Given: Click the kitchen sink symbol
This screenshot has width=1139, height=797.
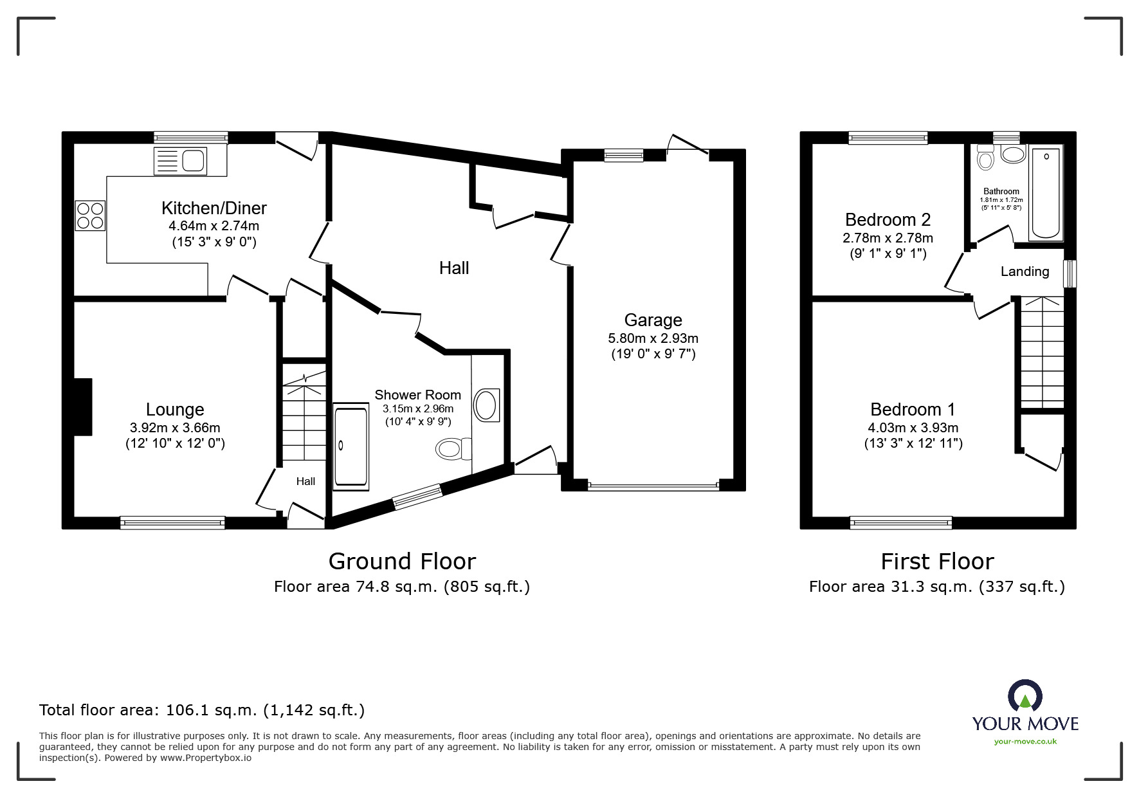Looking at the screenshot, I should pyautogui.click(x=181, y=160).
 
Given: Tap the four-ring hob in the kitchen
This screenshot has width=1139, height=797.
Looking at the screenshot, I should pyautogui.click(x=90, y=215).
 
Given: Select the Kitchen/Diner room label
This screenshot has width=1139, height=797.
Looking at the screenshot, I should pyautogui.click(x=214, y=208).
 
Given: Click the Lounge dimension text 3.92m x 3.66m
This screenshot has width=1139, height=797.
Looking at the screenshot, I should pyautogui.click(x=175, y=428).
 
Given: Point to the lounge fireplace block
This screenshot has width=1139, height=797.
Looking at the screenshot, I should pyautogui.click(x=83, y=407).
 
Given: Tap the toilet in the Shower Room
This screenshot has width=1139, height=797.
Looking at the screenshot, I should pyautogui.click(x=453, y=448).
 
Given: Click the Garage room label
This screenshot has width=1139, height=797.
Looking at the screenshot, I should pyautogui.click(x=653, y=320).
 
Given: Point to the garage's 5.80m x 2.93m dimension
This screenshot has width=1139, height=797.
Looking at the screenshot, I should pyautogui.click(x=653, y=338).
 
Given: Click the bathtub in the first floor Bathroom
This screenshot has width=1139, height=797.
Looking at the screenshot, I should pyautogui.click(x=1046, y=193).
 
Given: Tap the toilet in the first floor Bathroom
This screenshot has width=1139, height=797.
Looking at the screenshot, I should pyautogui.click(x=985, y=158).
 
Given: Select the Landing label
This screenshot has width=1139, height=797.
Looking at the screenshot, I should pyautogui.click(x=1025, y=271).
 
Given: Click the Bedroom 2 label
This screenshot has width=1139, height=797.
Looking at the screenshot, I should pyautogui.click(x=888, y=219).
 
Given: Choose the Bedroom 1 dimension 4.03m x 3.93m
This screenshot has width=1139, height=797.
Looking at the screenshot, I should pyautogui.click(x=913, y=428).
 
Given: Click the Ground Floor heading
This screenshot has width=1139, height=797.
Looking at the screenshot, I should pyautogui.click(x=402, y=561).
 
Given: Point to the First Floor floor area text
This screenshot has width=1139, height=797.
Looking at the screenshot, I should pyautogui.click(x=936, y=587).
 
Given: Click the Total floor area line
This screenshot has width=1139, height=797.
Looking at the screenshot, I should pyautogui.click(x=202, y=710).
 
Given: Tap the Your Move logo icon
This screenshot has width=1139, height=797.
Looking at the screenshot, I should pyautogui.click(x=1025, y=696).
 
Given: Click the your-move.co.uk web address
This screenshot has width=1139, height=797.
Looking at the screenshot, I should pyautogui.click(x=1025, y=741).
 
